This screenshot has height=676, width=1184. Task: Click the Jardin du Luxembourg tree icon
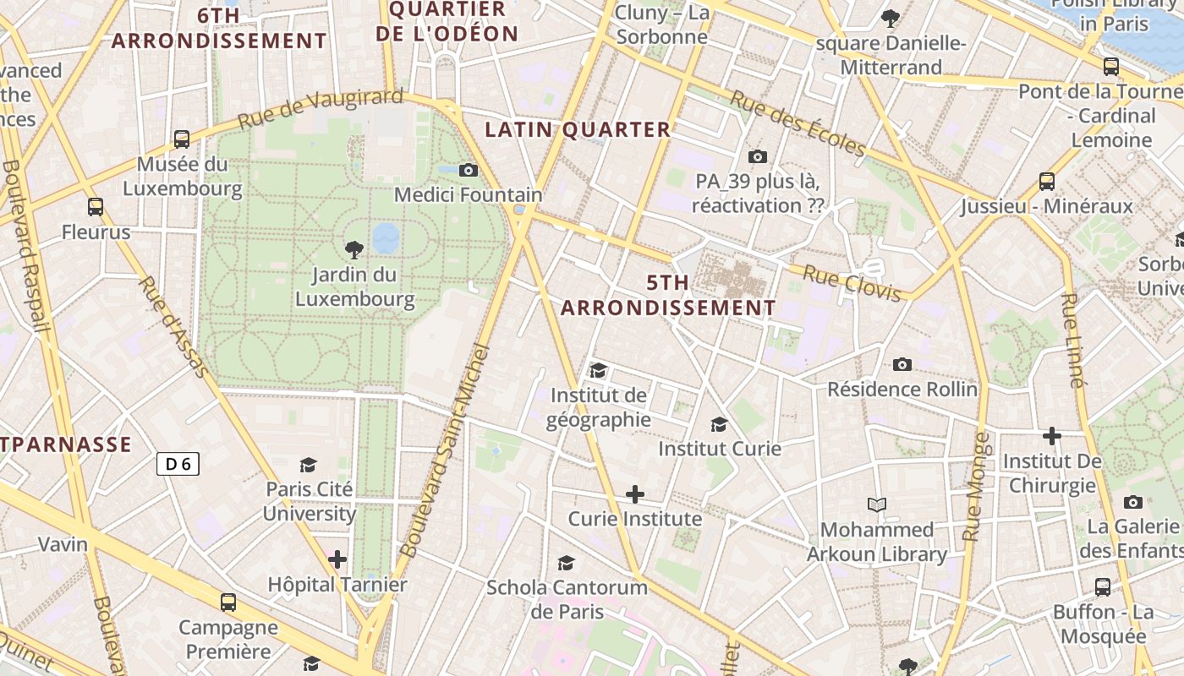(x=354, y=249)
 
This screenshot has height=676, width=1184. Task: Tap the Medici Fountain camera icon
(x=469, y=170)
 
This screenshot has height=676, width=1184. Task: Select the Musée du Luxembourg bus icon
(x=182, y=139)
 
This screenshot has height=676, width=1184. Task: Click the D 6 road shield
(x=178, y=463)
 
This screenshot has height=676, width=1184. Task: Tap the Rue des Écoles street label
(x=798, y=124)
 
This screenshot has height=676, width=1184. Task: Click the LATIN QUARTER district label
(x=578, y=129)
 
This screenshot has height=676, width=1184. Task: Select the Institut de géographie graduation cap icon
(x=598, y=370)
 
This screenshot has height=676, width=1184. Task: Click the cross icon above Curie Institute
(x=634, y=493)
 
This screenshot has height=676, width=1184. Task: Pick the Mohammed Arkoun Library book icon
(x=877, y=504)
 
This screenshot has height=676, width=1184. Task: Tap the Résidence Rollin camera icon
(x=902, y=364)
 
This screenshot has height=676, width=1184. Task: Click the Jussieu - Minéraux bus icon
(x=1046, y=181)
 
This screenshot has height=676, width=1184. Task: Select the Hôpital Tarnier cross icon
(x=337, y=559)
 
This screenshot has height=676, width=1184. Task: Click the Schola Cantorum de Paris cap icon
(x=566, y=563)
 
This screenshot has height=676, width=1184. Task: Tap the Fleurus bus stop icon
(x=96, y=207)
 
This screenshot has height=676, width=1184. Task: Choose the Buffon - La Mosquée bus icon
(x=1103, y=586)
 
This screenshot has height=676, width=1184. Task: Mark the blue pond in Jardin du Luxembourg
(x=386, y=238)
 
